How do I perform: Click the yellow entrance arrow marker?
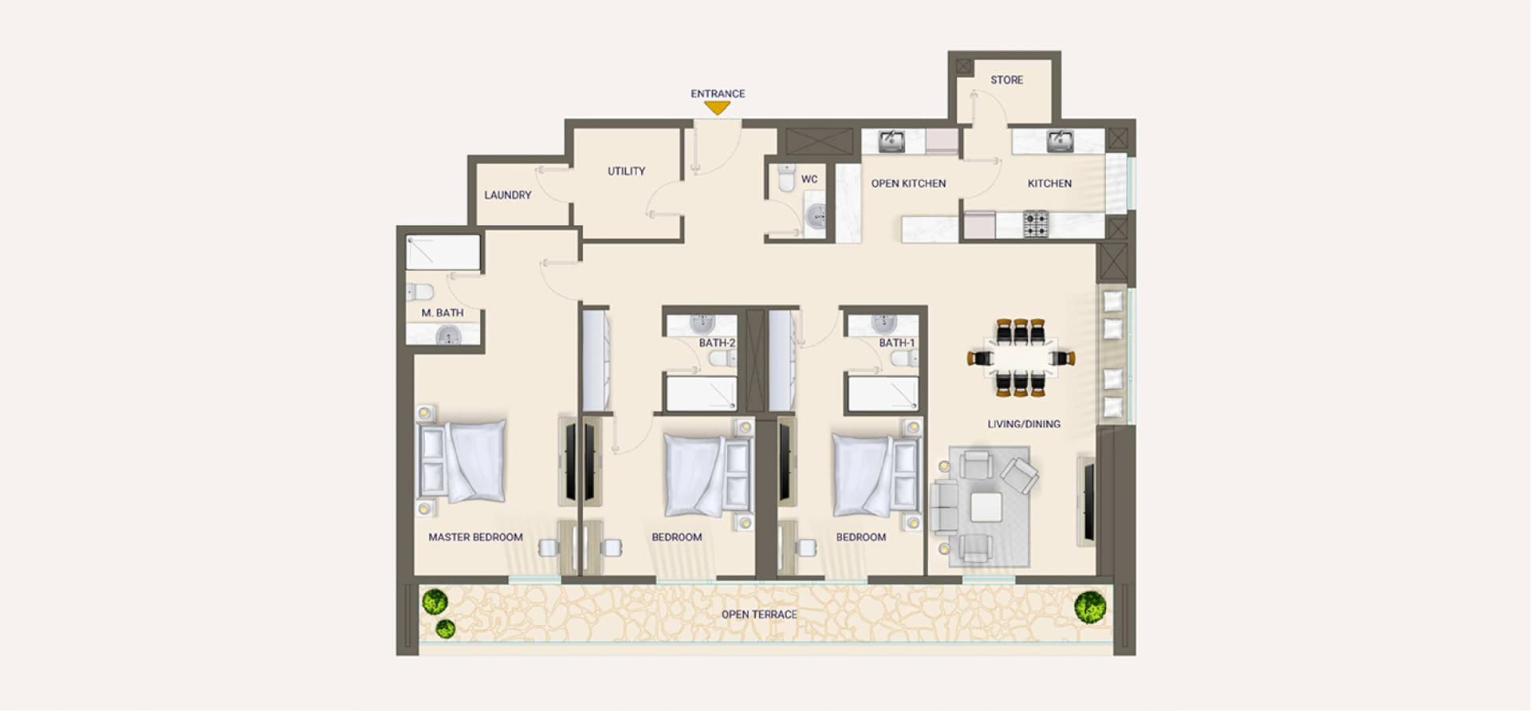pos(718,108)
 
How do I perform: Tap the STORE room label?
pos(1006,80)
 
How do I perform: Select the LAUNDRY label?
pos(508,194)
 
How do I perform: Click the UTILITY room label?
pos(627,171)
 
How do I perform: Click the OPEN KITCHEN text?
pos(908,183)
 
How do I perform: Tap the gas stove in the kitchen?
pos(1036,224)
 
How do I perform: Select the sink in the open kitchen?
pos(891,141)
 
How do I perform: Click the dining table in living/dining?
pos(1021,358)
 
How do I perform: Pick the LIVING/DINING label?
pos(1024,424)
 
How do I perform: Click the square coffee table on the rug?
pos(986,507)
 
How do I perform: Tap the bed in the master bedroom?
pos(462,462)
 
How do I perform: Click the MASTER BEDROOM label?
pos(475,537)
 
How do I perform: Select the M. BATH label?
pos(443,312)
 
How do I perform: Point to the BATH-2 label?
pos(717,343)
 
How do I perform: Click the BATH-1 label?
pos(897,343)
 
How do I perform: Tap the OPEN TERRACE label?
pos(759,615)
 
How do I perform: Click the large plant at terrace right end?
pos(1090,607)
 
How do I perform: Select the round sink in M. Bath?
pos(448,336)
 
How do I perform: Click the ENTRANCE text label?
pos(718,93)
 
